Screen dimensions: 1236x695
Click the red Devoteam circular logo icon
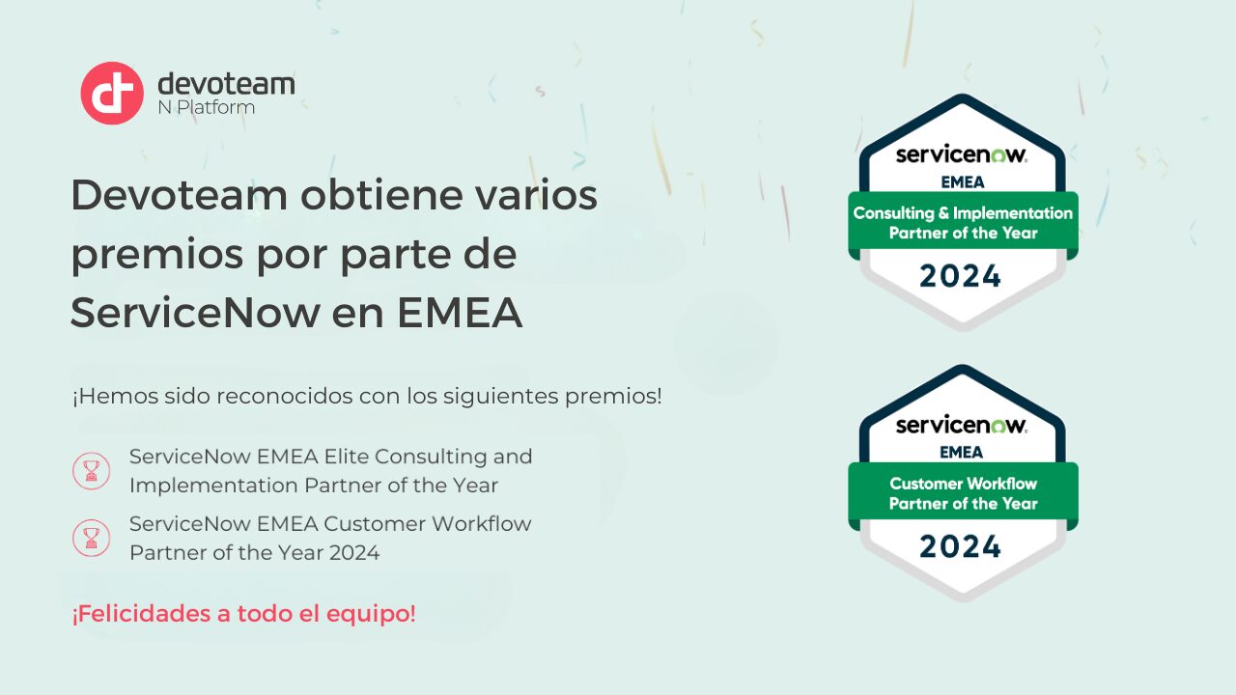tap(112, 94)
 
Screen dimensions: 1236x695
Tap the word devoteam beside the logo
tap(226, 84)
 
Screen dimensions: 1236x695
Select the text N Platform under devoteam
tap(207, 107)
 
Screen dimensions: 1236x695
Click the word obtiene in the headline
tap(381, 195)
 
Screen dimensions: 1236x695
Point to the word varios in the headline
tap(536, 195)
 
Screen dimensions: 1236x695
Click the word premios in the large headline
tap(157, 256)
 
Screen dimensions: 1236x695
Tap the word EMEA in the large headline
tap(460, 313)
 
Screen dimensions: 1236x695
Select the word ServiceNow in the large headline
tap(196, 313)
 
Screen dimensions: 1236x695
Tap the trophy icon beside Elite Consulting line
tap(91, 471)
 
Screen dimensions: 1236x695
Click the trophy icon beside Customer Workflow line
tap(91, 538)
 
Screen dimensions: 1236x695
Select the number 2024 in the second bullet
tap(354, 553)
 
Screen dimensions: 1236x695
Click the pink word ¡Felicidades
tap(142, 613)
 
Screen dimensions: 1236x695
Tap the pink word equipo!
tap(371, 614)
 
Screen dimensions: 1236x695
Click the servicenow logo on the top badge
tap(961, 154)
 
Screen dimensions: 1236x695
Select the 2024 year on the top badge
tap(960, 276)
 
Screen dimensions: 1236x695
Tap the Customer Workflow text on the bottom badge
tap(964, 484)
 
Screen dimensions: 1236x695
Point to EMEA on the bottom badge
tap(962, 453)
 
